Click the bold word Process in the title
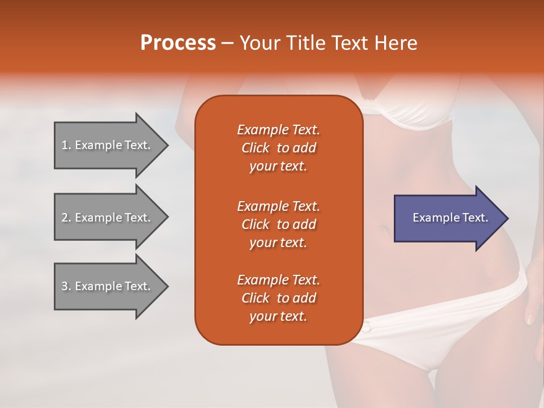[x=178, y=43]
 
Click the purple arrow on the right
[x=448, y=218]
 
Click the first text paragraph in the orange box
[x=278, y=148]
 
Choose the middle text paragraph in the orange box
[x=278, y=224]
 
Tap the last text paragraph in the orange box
[x=278, y=298]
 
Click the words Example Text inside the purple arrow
[x=450, y=218]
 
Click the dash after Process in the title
[x=227, y=43]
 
